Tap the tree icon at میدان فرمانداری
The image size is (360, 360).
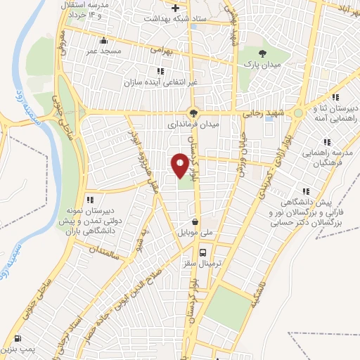(193, 112)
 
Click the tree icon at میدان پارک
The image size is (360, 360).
(263, 53)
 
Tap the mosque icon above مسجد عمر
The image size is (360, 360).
(104, 40)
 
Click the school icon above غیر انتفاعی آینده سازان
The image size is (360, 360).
(160, 70)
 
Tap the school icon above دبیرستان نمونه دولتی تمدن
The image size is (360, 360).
(89, 199)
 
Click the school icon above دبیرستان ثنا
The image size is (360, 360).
(336, 97)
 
